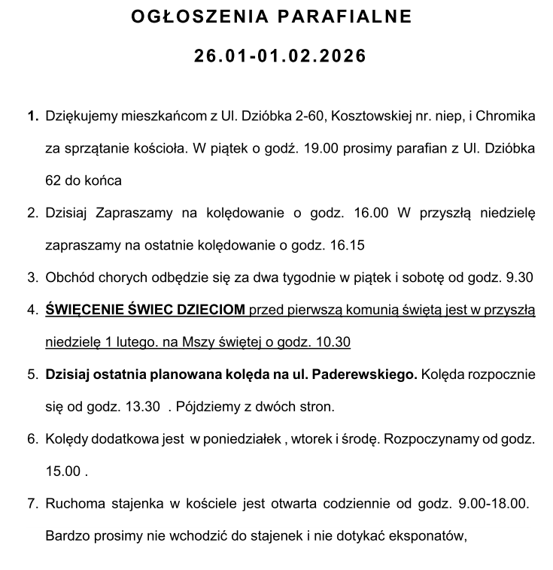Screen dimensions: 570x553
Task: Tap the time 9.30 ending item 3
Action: [x=520, y=277]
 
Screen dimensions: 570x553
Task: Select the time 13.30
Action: [x=144, y=407]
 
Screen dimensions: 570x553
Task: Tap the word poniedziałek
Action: [x=234, y=439]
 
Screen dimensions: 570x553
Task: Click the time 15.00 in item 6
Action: [x=63, y=471]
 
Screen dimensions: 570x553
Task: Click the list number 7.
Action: [x=32, y=504]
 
